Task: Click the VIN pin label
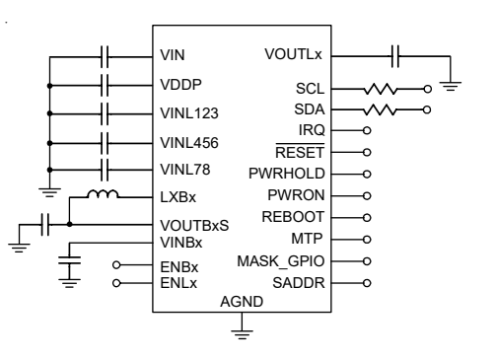173,55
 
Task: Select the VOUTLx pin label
293,54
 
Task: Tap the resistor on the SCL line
380,89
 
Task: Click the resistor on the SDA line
380,109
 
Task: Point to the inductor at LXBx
103,194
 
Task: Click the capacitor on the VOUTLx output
395,56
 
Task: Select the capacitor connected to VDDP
105,86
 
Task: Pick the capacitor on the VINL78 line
105,170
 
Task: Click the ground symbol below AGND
242,334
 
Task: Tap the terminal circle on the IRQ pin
367,130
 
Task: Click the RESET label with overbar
300,151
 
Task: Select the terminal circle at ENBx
116,264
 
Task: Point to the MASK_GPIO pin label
281,261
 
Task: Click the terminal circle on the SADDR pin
367,283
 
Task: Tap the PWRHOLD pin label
287,174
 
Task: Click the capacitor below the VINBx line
69,260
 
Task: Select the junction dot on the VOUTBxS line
69,224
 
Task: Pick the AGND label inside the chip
242,302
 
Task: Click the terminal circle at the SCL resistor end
427,89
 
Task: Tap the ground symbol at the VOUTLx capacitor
451,86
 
